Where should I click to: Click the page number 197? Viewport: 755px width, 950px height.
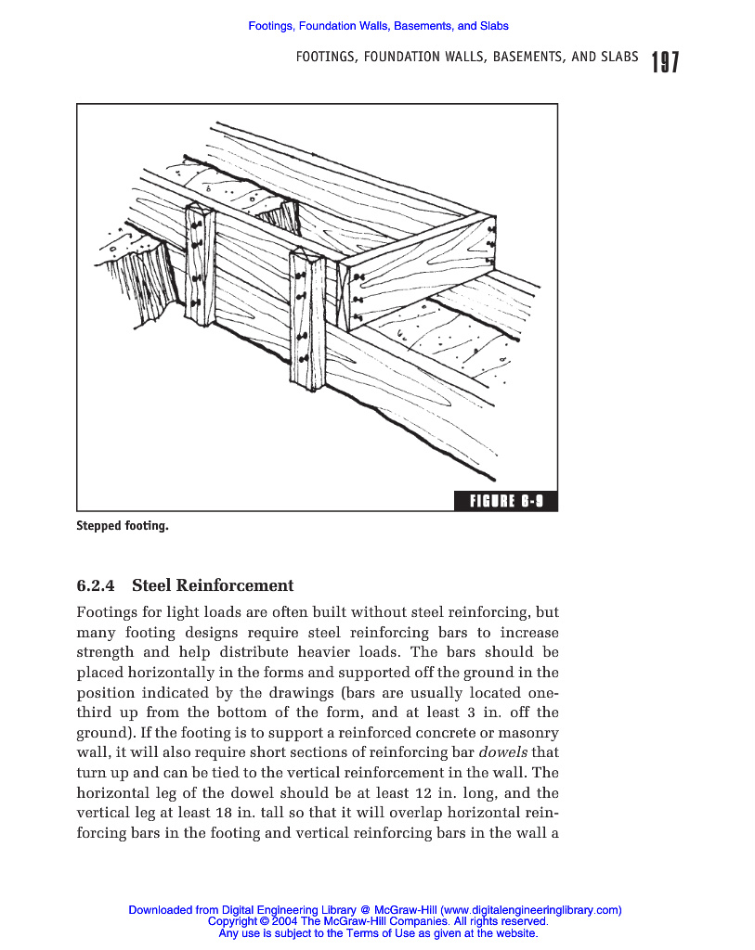[664, 62]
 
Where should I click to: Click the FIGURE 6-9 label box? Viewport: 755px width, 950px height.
[506, 502]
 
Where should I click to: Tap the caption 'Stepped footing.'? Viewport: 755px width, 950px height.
[123, 526]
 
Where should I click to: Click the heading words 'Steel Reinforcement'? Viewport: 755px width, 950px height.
[213, 585]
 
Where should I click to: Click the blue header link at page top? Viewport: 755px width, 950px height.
[378, 26]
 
